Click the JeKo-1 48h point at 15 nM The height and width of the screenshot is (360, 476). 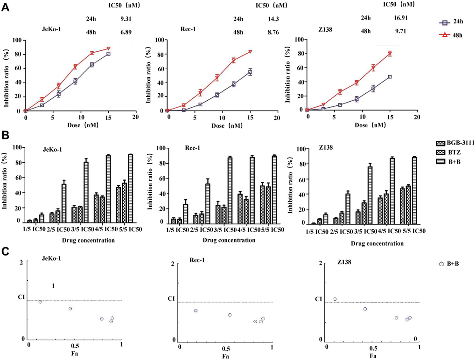(x=108, y=48)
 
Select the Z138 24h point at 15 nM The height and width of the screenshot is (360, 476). (x=390, y=76)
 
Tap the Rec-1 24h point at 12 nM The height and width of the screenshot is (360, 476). (x=233, y=84)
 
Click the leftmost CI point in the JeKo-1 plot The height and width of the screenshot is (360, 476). (x=40, y=302)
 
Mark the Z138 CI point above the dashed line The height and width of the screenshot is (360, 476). (x=335, y=299)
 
